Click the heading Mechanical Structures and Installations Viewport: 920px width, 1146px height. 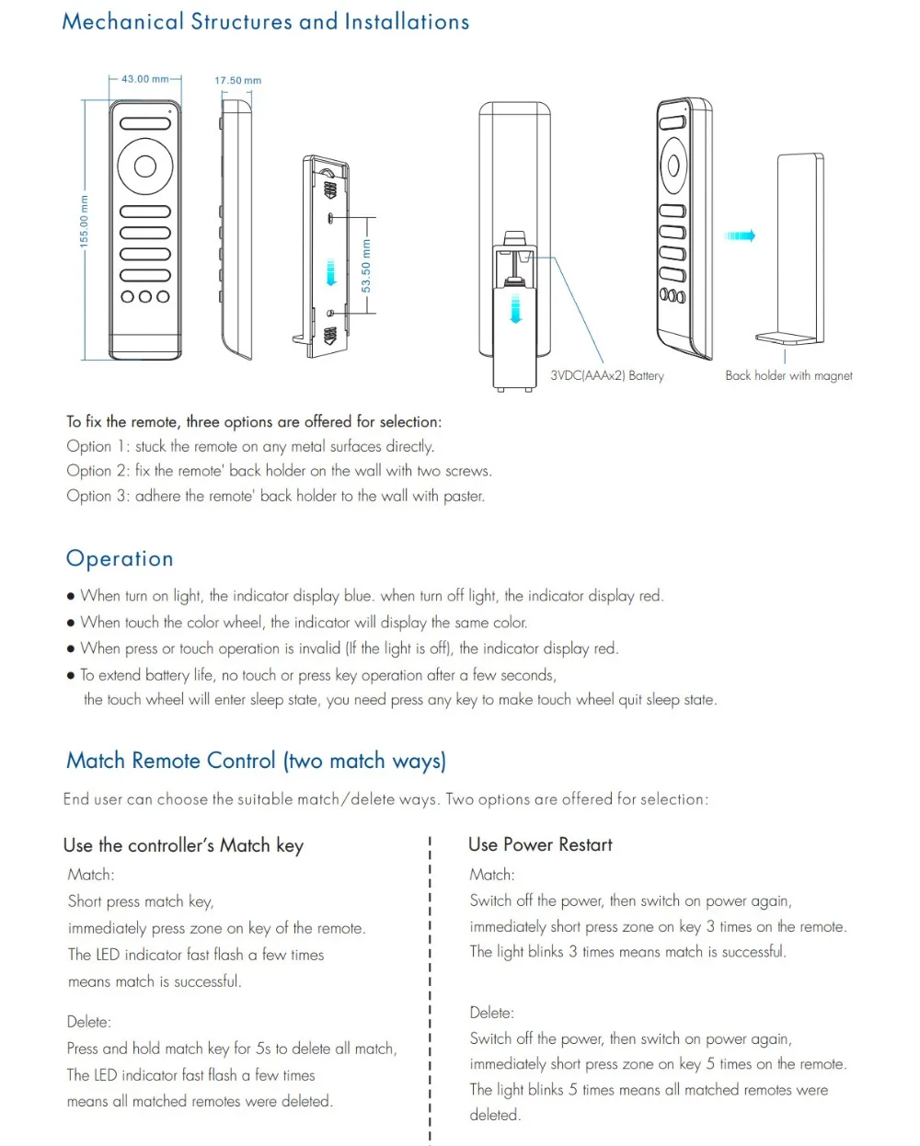click(x=265, y=22)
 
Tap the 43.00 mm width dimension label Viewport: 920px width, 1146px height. click(x=145, y=79)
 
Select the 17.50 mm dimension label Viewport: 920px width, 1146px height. click(x=237, y=81)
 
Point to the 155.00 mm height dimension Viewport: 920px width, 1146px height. click(x=85, y=221)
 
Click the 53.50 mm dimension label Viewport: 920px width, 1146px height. click(x=366, y=267)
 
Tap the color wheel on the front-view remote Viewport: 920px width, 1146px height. click(x=145, y=166)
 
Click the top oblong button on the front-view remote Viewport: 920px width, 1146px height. click(x=145, y=123)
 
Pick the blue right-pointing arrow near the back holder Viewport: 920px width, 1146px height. click(x=740, y=236)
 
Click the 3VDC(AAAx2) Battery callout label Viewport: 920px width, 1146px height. click(x=607, y=375)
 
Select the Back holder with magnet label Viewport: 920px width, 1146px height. click(x=788, y=375)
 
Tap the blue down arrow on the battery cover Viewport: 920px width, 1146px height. click(x=516, y=309)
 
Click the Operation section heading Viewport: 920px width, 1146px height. click(x=120, y=559)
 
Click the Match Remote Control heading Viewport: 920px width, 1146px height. click(x=256, y=761)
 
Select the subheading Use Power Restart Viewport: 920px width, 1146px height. click(x=540, y=844)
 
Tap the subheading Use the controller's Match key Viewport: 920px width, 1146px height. click(x=183, y=845)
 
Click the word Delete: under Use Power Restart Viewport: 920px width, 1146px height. click(x=491, y=1013)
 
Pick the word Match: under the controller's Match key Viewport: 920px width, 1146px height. click(x=91, y=875)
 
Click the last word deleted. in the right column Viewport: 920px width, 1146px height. click(x=495, y=1115)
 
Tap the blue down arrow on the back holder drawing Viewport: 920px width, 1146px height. click(x=331, y=273)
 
